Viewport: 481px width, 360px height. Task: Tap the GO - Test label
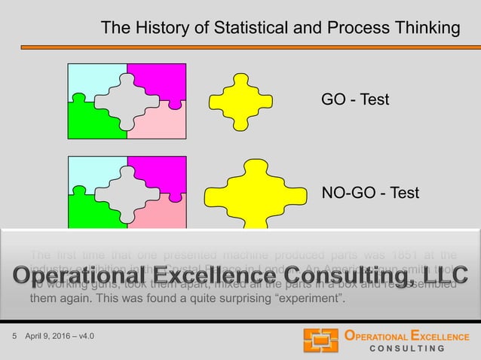(355, 99)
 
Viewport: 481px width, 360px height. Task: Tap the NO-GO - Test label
(370, 194)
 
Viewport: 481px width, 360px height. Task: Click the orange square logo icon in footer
(320, 341)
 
